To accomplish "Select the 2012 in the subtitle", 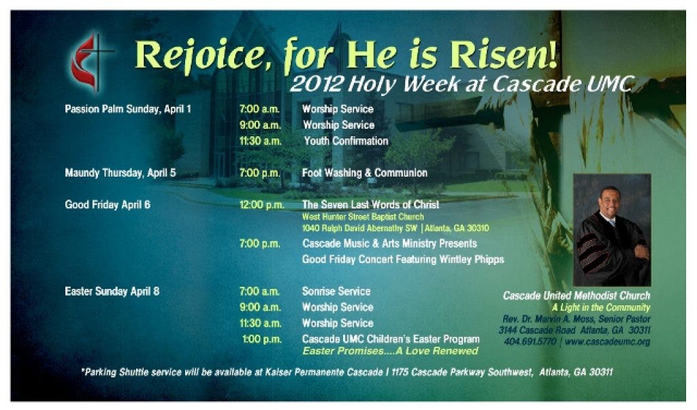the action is [316, 83].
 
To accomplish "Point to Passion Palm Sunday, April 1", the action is [128, 109].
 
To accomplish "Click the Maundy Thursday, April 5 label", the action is [120, 172].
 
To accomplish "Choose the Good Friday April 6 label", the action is [108, 204].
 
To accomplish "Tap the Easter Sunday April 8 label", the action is [112, 291].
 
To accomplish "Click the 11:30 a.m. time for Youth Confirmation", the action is [261, 141].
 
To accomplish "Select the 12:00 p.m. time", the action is [262, 204].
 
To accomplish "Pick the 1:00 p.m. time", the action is [262, 339].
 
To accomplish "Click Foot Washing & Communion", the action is [365, 172].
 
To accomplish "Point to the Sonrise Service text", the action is [336, 291].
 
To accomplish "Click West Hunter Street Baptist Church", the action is [363, 217].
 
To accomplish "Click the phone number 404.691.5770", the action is [530, 341].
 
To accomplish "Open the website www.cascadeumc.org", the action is [607, 341].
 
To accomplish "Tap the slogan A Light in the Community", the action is [601, 307].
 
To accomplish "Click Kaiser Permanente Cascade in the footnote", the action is [323, 372].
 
